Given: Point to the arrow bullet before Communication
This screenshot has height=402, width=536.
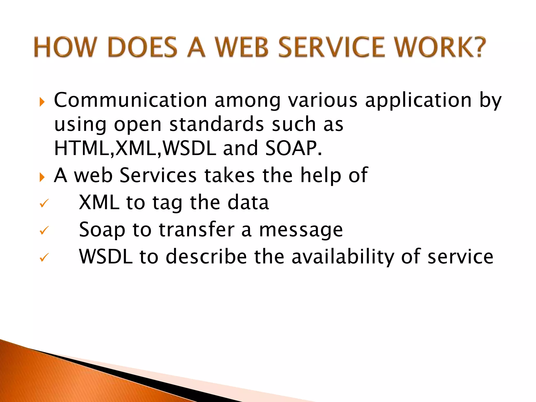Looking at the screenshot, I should click(x=42, y=102).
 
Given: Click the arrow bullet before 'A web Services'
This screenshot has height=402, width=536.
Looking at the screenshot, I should click(x=42, y=177).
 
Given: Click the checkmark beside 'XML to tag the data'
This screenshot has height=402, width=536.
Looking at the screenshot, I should click(x=44, y=203).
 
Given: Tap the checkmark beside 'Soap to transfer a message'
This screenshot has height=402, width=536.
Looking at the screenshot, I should click(x=44, y=230).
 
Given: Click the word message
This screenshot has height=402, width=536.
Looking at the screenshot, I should click(x=301, y=230).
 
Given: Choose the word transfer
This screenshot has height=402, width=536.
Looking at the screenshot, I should click(x=197, y=229).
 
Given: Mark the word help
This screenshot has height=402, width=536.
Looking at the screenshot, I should click(x=321, y=175).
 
